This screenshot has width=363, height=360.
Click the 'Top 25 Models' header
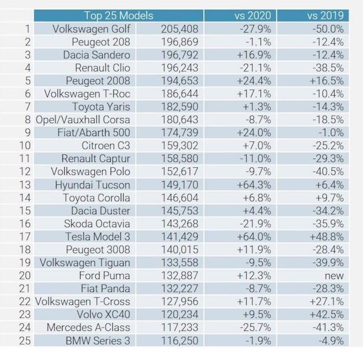click(119, 15)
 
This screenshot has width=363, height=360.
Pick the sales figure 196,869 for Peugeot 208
click(179, 42)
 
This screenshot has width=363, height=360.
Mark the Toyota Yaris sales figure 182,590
click(179, 107)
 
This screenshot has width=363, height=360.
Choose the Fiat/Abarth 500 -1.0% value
click(331, 133)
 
